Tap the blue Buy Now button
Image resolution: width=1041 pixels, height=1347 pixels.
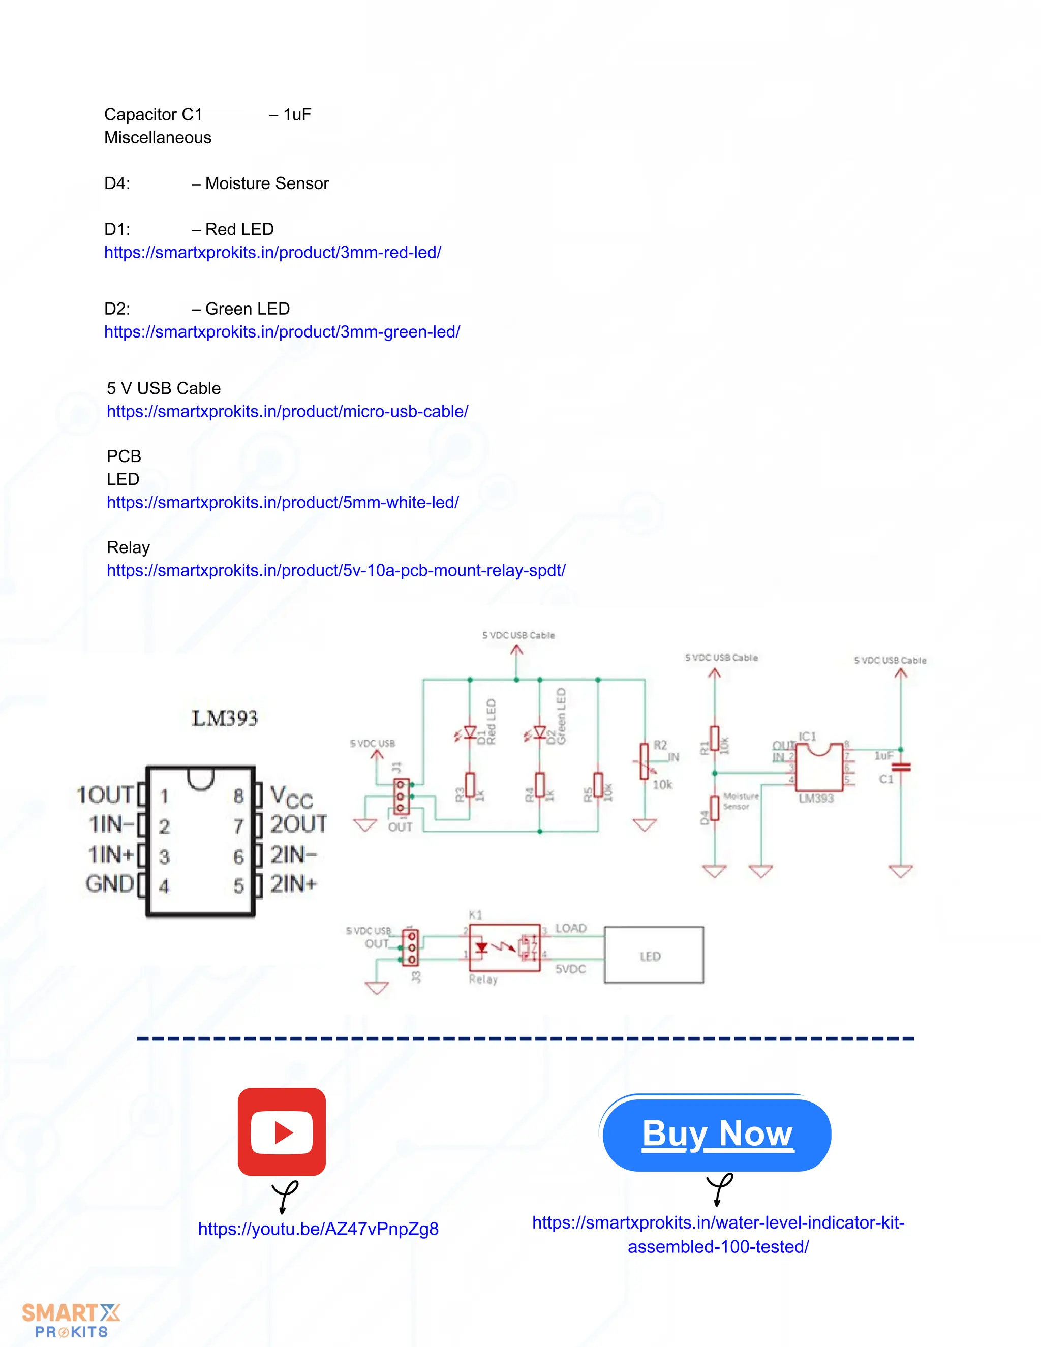pyautogui.click(x=717, y=1134)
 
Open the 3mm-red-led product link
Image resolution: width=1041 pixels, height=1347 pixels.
pyautogui.click(x=272, y=252)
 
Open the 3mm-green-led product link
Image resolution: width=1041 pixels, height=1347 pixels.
pyautogui.click(x=282, y=332)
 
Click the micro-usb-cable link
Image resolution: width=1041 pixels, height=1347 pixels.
pyautogui.click(x=287, y=411)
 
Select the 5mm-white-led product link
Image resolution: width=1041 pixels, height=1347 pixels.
pyautogui.click(x=283, y=502)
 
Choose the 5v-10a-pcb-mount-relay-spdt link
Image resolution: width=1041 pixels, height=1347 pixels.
pyautogui.click(x=336, y=570)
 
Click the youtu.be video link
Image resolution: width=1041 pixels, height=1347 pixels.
pyautogui.click(x=318, y=1229)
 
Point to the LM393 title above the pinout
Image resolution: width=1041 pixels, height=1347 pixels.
pyautogui.click(x=225, y=718)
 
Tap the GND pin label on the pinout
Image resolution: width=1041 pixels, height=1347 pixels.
pyautogui.click(x=110, y=884)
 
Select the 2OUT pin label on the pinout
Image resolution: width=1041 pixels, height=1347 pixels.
pyautogui.click(x=298, y=824)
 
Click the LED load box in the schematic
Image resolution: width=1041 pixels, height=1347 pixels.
pyautogui.click(x=653, y=956)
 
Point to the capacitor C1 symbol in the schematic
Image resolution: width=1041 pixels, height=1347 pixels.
pyautogui.click(x=901, y=767)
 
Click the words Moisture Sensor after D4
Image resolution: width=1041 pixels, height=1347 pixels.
pyautogui.click(x=267, y=183)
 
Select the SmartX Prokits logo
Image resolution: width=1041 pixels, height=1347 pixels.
pyautogui.click(x=71, y=1321)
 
